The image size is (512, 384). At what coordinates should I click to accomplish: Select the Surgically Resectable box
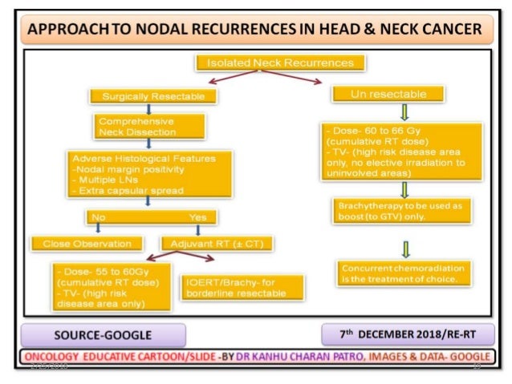click(x=153, y=96)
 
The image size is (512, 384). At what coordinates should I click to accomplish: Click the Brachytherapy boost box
click(x=400, y=211)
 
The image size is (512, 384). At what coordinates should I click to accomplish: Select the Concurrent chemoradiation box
click(x=400, y=273)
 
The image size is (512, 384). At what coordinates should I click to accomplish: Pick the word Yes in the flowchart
click(x=197, y=216)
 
